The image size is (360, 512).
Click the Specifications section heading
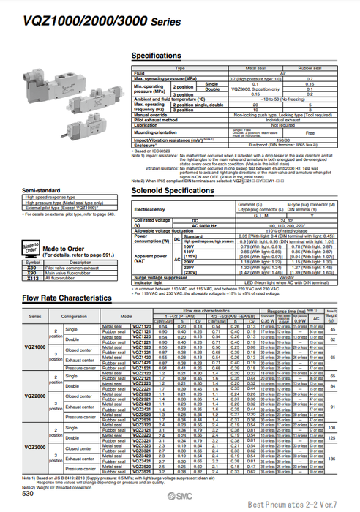156,56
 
